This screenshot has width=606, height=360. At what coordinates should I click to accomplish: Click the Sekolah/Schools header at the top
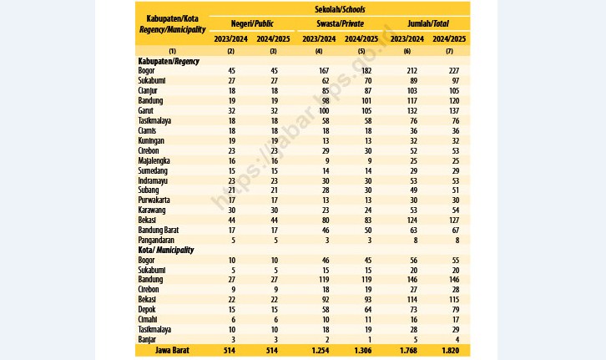coord(340,9)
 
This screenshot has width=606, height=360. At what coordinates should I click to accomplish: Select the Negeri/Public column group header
coord(252,23)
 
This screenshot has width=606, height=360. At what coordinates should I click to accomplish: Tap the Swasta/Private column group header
coord(340,23)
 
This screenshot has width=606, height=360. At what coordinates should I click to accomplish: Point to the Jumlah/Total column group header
coord(428,23)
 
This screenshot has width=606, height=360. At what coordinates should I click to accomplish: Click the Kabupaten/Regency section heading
coord(169,61)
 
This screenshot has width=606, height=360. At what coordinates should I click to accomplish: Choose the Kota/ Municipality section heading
coord(166,250)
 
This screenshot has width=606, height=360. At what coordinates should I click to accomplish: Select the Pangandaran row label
coord(156,240)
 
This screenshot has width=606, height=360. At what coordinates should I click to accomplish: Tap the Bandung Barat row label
coord(159,230)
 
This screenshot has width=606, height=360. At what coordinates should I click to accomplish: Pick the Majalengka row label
coord(154,160)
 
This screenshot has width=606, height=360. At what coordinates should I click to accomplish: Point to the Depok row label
coord(147,309)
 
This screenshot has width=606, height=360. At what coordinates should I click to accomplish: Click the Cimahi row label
coord(148,319)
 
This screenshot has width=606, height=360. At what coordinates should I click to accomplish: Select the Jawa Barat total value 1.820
coord(450,351)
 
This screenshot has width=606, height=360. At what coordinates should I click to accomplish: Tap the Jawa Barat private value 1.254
coord(320,351)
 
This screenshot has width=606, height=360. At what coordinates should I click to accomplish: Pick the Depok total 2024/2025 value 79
coord(455,310)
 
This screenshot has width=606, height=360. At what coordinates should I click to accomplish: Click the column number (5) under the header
coord(361,51)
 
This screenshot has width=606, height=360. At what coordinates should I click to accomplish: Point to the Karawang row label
coord(152,210)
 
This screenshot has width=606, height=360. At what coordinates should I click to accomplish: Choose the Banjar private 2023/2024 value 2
coord(327,340)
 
